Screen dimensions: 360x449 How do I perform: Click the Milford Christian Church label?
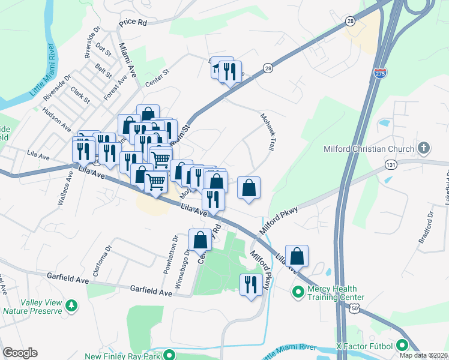[369, 149]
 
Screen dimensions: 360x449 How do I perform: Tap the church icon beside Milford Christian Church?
[424, 148]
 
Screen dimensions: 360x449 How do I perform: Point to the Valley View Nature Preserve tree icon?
[72, 306]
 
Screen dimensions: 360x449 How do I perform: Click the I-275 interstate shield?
[380, 72]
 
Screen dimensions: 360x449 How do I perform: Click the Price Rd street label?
[133, 22]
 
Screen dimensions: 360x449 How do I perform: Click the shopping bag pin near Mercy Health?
[297, 256]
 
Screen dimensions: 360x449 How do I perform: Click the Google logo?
[20, 353]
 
